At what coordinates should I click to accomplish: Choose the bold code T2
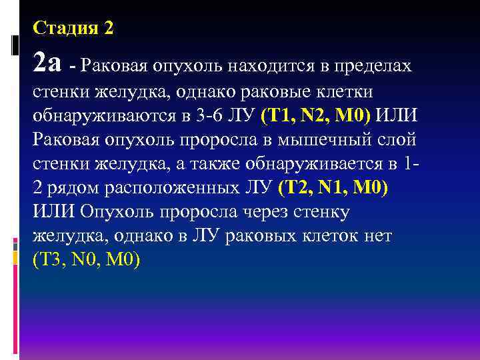[294, 187]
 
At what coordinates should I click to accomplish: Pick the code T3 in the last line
[51, 259]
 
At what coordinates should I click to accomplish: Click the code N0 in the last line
[85, 259]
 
